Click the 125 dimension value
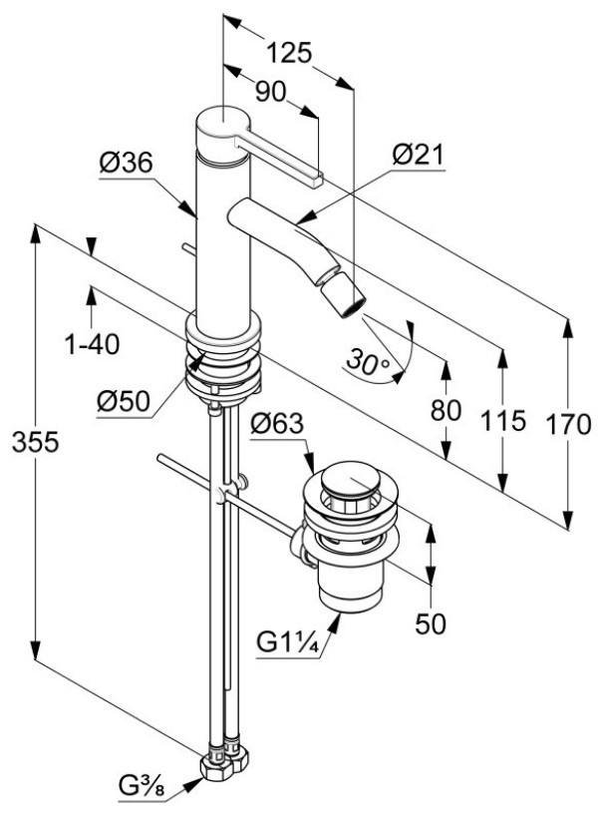click(x=289, y=53)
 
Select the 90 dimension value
click(x=271, y=93)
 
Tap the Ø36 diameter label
click(x=126, y=163)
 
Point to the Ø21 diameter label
click(x=418, y=155)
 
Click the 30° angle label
click(x=369, y=361)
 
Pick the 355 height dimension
click(x=36, y=443)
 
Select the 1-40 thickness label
click(x=92, y=344)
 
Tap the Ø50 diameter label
click(x=124, y=402)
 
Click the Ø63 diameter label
click(x=276, y=423)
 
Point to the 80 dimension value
click(x=446, y=410)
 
